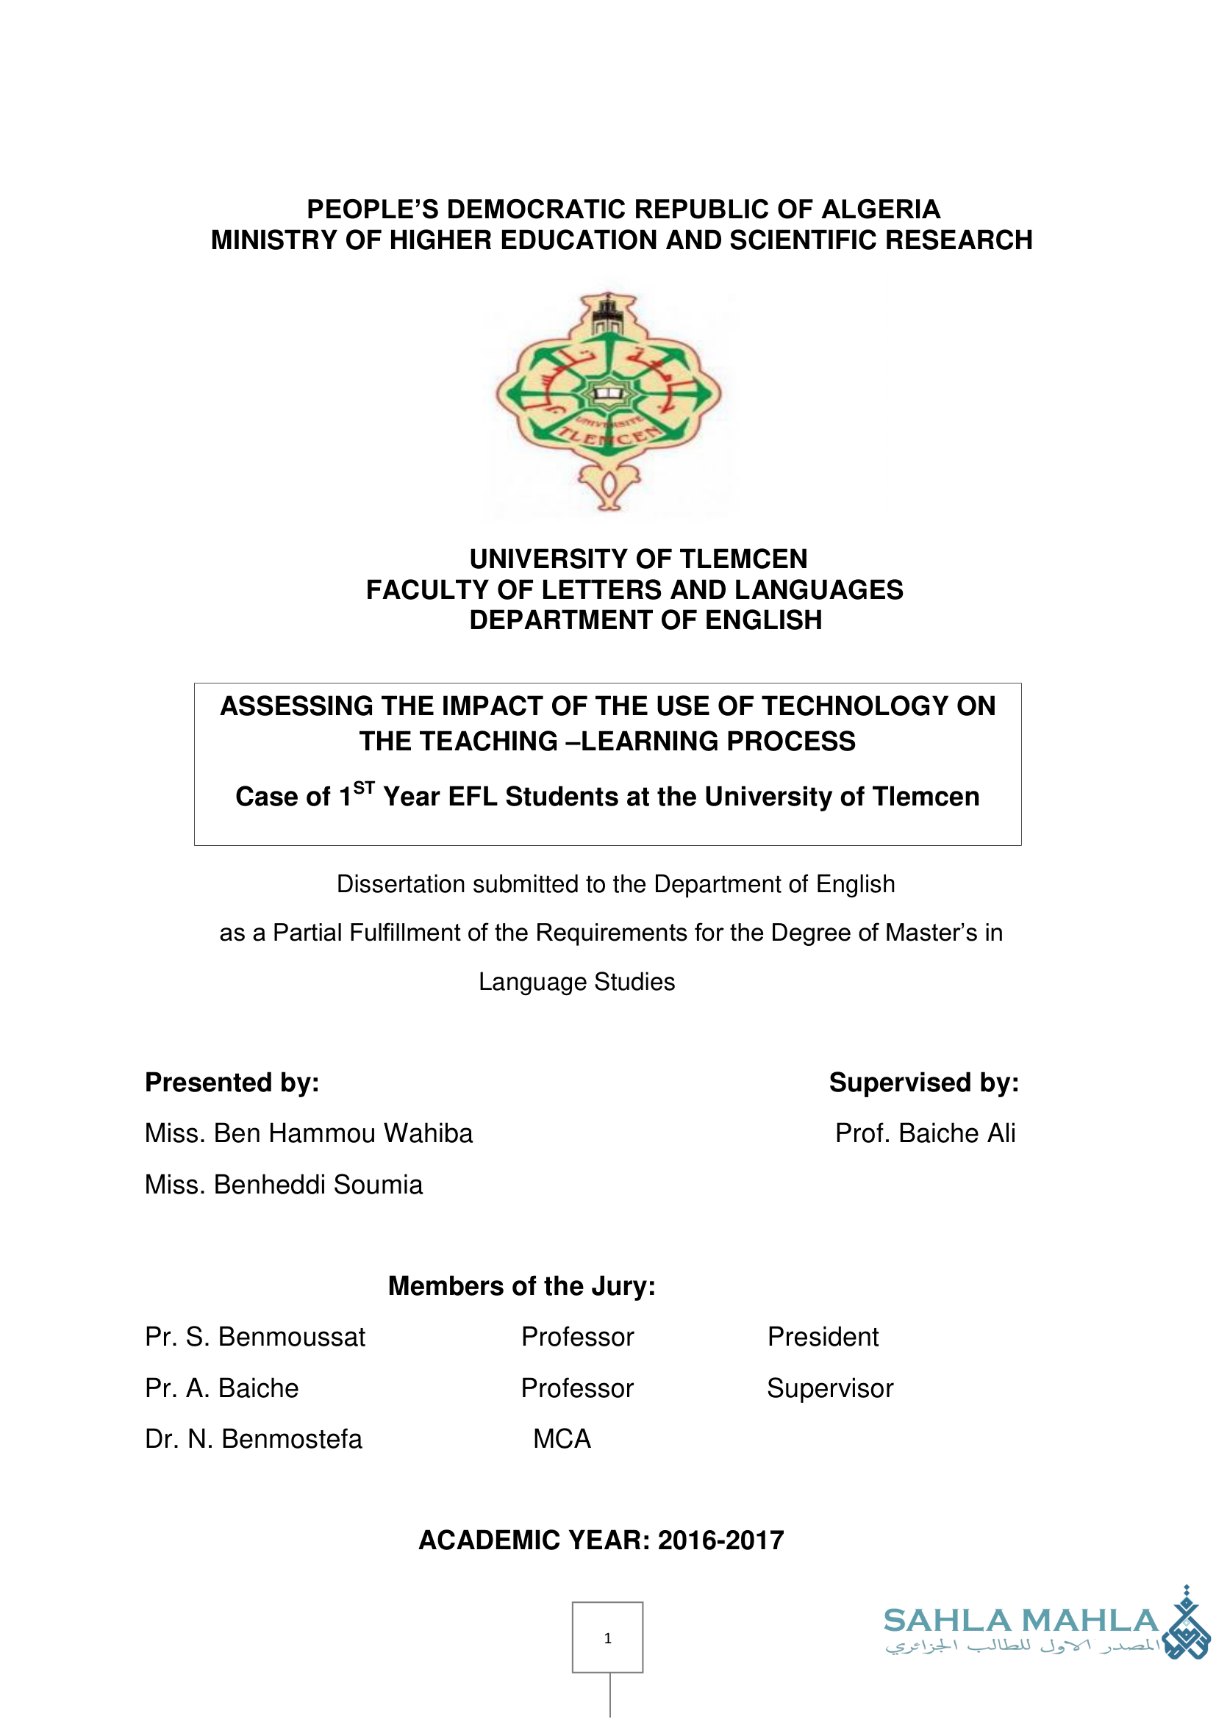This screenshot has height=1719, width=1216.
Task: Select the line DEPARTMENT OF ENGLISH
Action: pyautogui.click(x=645, y=620)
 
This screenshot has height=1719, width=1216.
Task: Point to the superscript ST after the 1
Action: pyautogui.click(x=364, y=788)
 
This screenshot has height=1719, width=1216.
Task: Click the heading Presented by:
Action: pyautogui.click(x=232, y=1083)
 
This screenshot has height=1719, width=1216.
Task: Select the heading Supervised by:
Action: pyautogui.click(x=923, y=1083)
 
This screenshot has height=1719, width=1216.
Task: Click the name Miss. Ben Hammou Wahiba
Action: pyautogui.click(x=309, y=1133)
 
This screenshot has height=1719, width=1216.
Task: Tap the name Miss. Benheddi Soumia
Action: pyautogui.click(x=284, y=1185)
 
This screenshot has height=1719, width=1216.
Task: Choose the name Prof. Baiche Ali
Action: pyautogui.click(x=925, y=1133)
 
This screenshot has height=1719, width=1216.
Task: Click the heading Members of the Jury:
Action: pyautogui.click(x=522, y=1285)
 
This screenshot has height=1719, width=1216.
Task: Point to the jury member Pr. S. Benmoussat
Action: pyautogui.click(x=255, y=1336)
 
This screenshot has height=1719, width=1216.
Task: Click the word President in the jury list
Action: pyautogui.click(x=823, y=1336)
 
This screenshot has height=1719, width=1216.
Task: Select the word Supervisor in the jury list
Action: pyautogui.click(x=829, y=1388)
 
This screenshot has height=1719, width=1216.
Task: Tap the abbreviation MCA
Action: pyautogui.click(x=562, y=1439)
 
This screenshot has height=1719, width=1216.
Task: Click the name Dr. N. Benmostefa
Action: pyautogui.click(x=254, y=1439)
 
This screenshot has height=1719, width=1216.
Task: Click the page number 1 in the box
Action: pyautogui.click(x=607, y=1638)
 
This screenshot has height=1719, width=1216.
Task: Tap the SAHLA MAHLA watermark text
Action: pyautogui.click(x=1020, y=1621)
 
